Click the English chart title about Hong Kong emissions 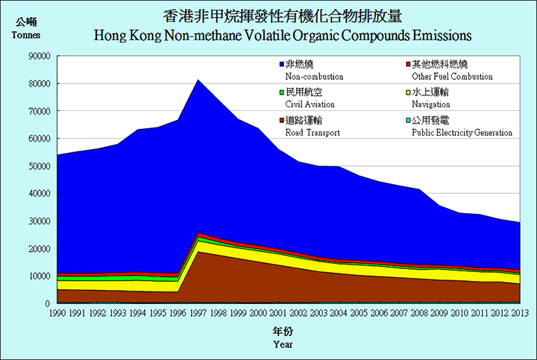click(283, 35)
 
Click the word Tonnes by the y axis click(26, 35)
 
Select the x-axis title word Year click(283, 344)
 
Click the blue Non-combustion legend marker click(281, 65)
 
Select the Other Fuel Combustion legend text click(452, 76)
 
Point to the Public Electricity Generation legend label click(462, 133)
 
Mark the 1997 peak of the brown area click(198, 252)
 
